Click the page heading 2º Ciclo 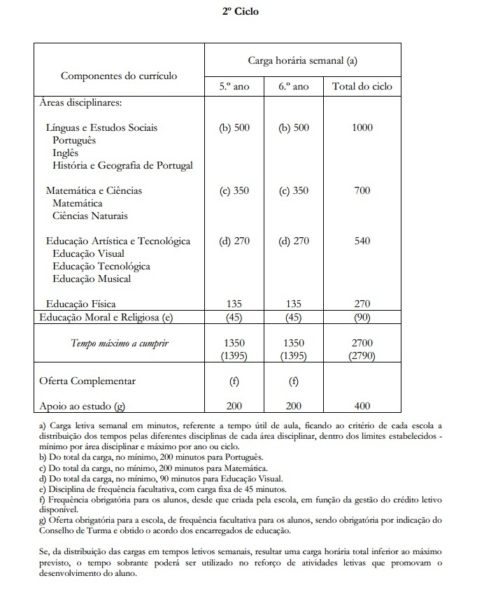pyautogui.click(x=241, y=12)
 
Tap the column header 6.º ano pyautogui.click(x=293, y=87)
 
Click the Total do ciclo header pyautogui.click(x=362, y=87)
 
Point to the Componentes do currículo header pyautogui.click(x=119, y=76)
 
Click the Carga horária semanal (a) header pyautogui.click(x=303, y=60)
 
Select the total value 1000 pyautogui.click(x=362, y=128)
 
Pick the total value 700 pyautogui.click(x=362, y=190)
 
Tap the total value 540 pyautogui.click(x=362, y=241)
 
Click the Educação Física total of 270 pyautogui.click(x=362, y=304)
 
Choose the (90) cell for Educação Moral pyautogui.click(x=362, y=317)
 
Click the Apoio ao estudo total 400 pyautogui.click(x=362, y=405)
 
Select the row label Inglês pyautogui.click(x=66, y=153)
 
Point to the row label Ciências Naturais pyautogui.click(x=90, y=216)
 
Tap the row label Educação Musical pyautogui.click(x=92, y=279)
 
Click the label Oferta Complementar pyautogui.click(x=87, y=381)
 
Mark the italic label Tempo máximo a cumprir pyautogui.click(x=120, y=344)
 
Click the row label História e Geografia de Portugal pyautogui.click(x=122, y=166)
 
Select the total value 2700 pyautogui.click(x=362, y=344)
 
